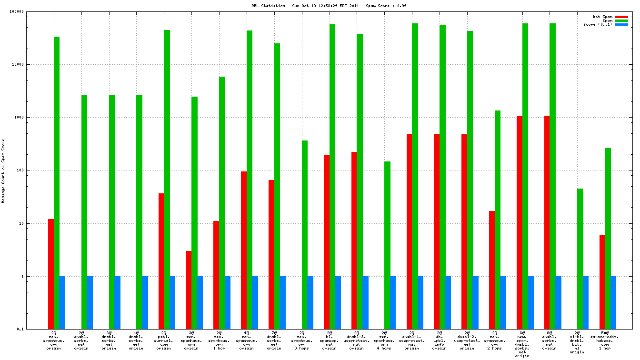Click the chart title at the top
coord(322,6)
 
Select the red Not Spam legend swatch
coord(621,17)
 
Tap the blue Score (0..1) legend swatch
coord(621,24)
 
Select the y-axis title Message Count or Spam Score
coord(4,171)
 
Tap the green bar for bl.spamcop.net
coord(332,176)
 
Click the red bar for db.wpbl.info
coord(437,231)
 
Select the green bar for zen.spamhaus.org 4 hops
coord(387,245)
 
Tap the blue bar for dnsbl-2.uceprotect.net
coord(475,302)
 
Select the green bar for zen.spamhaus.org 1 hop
coord(222,202)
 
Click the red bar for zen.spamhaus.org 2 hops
coord(492,270)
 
